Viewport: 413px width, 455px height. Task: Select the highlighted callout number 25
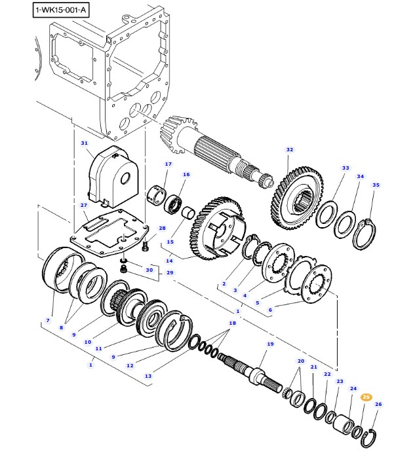tap(366, 397)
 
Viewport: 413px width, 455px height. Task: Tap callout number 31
tap(84, 143)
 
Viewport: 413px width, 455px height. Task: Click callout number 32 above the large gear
tap(289, 150)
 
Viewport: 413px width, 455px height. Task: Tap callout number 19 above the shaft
tap(270, 344)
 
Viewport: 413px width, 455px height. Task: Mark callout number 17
tap(168, 164)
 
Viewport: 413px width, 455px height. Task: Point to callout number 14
tap(169, 261)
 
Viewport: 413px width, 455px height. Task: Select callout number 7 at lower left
tap(47, 320)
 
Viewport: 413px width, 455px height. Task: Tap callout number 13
tap(148, 376)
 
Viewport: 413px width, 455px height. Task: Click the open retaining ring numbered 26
tap(370, 434)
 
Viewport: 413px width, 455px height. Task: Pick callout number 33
tap(345, 168)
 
